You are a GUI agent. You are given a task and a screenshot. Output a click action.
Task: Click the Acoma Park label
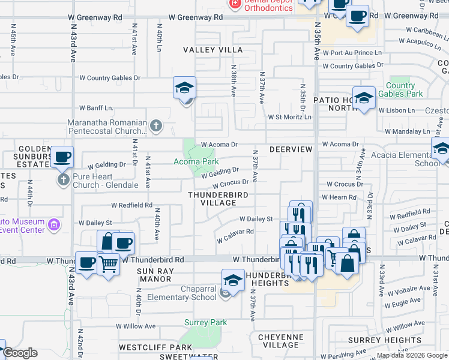pos(195,162)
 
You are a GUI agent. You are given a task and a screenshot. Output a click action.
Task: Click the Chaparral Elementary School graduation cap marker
pos(233,280)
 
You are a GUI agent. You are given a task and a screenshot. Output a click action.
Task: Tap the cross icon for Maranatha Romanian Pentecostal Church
pos(155,126)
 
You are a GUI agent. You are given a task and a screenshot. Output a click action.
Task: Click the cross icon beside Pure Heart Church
pos(62,179)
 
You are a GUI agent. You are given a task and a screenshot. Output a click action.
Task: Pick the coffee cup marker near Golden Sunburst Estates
pos(62,157)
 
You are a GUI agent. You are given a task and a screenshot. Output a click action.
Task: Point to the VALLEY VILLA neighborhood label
pos(212,50)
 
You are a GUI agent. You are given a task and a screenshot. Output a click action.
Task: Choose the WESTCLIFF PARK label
pos(155,347)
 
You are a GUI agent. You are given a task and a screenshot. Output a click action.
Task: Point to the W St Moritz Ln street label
pos(290,117)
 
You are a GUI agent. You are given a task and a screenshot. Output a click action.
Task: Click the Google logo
pos(19,353)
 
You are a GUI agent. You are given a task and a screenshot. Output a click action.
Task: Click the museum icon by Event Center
pos(54,225)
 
